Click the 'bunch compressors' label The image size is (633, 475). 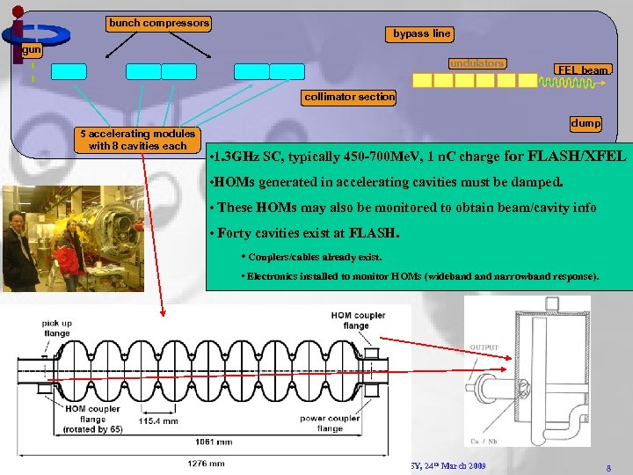coord(159,22)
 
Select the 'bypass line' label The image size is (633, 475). coord(421,33)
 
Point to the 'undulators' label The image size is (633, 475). coord(477,63)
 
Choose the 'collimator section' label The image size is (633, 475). coord(349,97)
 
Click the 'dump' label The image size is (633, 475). coord(586,124)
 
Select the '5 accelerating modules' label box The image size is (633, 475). coord(137,139)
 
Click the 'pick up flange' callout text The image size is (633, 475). coord(57,328)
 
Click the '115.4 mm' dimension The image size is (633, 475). coord(158,421)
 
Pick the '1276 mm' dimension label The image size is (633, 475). coord(205,463)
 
